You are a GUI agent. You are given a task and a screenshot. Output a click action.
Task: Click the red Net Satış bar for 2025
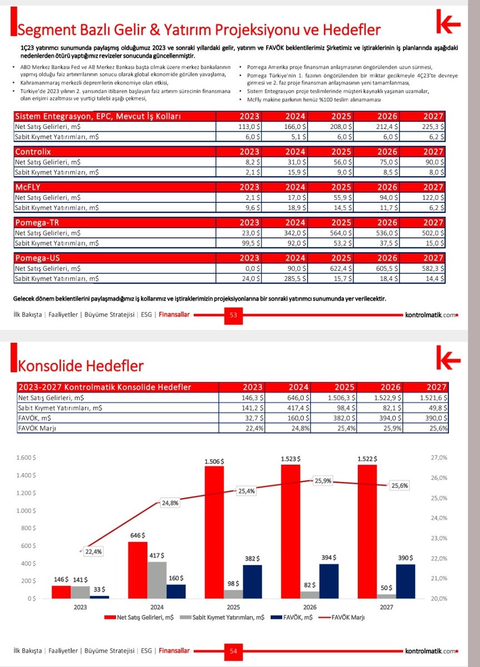click(214, 532)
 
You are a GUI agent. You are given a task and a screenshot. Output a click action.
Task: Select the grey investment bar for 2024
click(157, 580)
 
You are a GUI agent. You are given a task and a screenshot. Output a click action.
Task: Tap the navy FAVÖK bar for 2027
click(406, 581)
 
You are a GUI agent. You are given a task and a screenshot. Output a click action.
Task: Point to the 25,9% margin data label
click(323, 481)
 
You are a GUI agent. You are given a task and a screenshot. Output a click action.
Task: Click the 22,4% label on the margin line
click(93, 551)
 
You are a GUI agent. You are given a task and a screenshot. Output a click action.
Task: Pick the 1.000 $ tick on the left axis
click(26, 511)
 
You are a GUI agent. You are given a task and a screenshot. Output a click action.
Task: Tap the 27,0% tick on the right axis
click(439, 457)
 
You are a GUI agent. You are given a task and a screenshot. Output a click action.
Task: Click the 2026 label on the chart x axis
click(310, 607)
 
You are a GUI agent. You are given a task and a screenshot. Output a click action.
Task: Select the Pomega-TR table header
click(37, 223)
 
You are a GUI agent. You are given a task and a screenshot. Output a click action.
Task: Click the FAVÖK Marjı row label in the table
click(37, 428)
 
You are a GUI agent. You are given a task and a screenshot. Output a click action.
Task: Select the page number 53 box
click(233, 315)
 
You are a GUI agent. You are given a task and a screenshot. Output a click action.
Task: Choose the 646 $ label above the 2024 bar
click(137, 535)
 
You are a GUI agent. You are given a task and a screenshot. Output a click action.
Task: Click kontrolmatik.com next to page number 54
click(431, 651)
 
